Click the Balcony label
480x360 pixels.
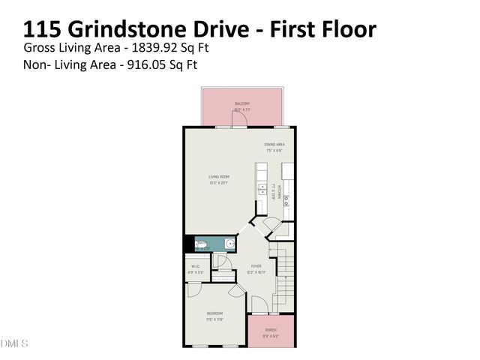point(241,103)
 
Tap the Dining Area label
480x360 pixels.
point(274,144)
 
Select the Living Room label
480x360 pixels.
point(219,177)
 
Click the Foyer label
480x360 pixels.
point(256,266)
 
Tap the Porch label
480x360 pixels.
point(271,330)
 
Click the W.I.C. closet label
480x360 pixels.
point(195,266)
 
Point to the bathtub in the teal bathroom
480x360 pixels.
point(202,244)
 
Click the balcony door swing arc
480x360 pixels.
point(237,121)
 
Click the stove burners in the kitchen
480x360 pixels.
point(286,200)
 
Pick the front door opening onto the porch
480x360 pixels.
point(259,309)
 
